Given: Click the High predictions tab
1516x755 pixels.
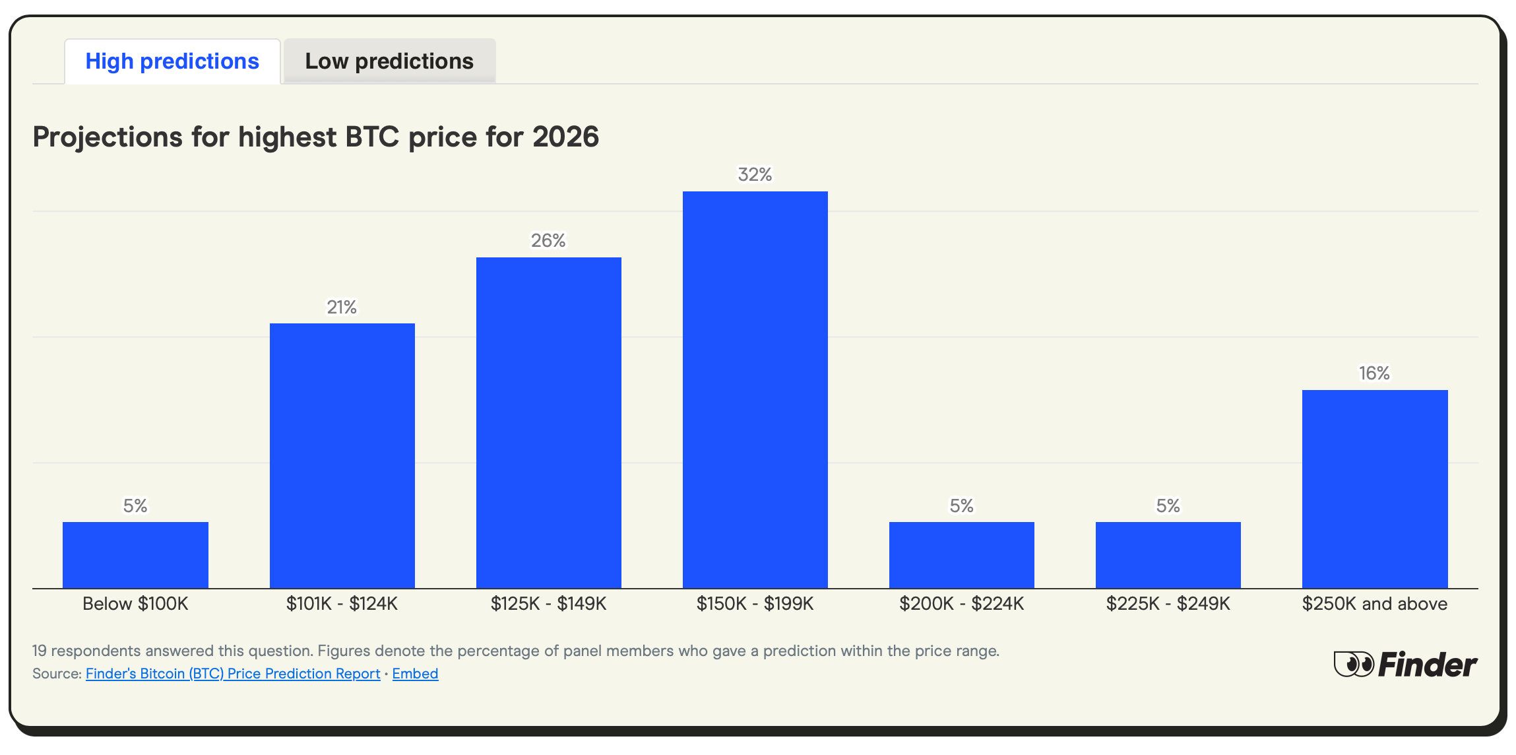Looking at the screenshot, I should pos(172,61).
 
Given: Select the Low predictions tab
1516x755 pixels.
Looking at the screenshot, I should pos(389,61).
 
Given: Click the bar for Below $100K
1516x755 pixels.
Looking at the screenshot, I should pos(135,555).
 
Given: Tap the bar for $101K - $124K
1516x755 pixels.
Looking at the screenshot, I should pos(342,455).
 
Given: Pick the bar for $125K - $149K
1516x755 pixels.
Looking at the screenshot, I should pos(548,422).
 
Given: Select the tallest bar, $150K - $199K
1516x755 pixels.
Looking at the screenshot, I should pos(755,389).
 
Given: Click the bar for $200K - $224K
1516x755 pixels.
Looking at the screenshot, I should pos(961,555).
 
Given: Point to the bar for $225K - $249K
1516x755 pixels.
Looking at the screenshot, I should pos(1168,555).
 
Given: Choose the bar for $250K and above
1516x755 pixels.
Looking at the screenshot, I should pos(1375,488).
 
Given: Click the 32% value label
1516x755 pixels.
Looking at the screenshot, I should pos(755,175).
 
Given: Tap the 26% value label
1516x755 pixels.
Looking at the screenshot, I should pos(548,241).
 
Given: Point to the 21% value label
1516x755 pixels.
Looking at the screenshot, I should pos(342,308).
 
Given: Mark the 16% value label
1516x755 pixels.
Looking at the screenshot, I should pos(1374,374).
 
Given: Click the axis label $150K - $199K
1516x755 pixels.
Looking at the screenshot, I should pos(755,604).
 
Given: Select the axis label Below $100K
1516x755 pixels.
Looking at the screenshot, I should pos(135,604).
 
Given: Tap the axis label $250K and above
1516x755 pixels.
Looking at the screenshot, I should pos(1375,604).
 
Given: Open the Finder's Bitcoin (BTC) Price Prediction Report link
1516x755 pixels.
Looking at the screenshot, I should pos(233,674).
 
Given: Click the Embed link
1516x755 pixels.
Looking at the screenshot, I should pos(415,674).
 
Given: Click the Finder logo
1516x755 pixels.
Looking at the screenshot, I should pos(1405,665).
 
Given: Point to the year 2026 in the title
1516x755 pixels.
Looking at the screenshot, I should pos(565,137).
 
